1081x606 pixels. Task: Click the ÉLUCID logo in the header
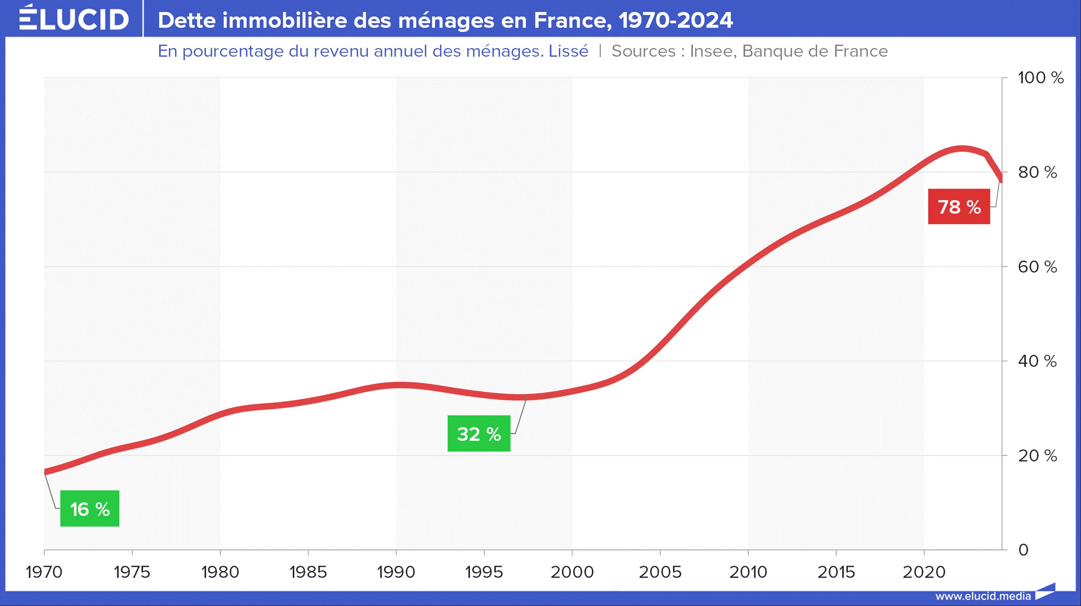(x=74, y=19)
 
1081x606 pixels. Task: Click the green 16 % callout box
(x=90, y=509)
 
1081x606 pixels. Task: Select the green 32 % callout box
(x=479, y=433)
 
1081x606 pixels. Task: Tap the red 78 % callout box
(x=959, y=207)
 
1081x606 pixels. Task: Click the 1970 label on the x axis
(x=44, y=572)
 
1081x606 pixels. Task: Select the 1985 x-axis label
(x=308, y=572)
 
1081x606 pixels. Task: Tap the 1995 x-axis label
(x=484, y=572)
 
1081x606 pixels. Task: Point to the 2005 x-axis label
(x=660, y=572)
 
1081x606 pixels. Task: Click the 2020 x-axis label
(x=924, y=572)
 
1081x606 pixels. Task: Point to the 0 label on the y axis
(x=1023, y=550)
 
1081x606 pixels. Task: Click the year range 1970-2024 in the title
(x=676, y=20)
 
